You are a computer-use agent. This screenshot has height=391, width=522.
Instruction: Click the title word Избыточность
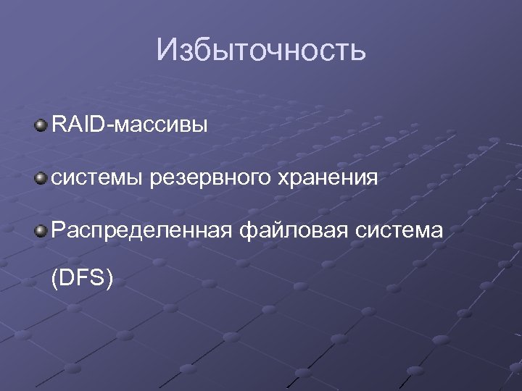(261, 51)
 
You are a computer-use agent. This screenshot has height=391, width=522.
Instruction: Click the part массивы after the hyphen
(161, 127)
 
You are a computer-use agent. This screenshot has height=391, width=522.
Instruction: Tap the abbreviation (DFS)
(82, 278)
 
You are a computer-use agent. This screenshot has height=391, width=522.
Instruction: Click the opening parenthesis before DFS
(56, 279)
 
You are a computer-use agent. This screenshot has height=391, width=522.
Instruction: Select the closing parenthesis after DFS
(109, 279)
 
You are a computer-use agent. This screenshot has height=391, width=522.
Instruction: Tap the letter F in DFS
(83, 278)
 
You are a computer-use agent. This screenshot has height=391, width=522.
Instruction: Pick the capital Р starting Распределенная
(58, 230)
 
